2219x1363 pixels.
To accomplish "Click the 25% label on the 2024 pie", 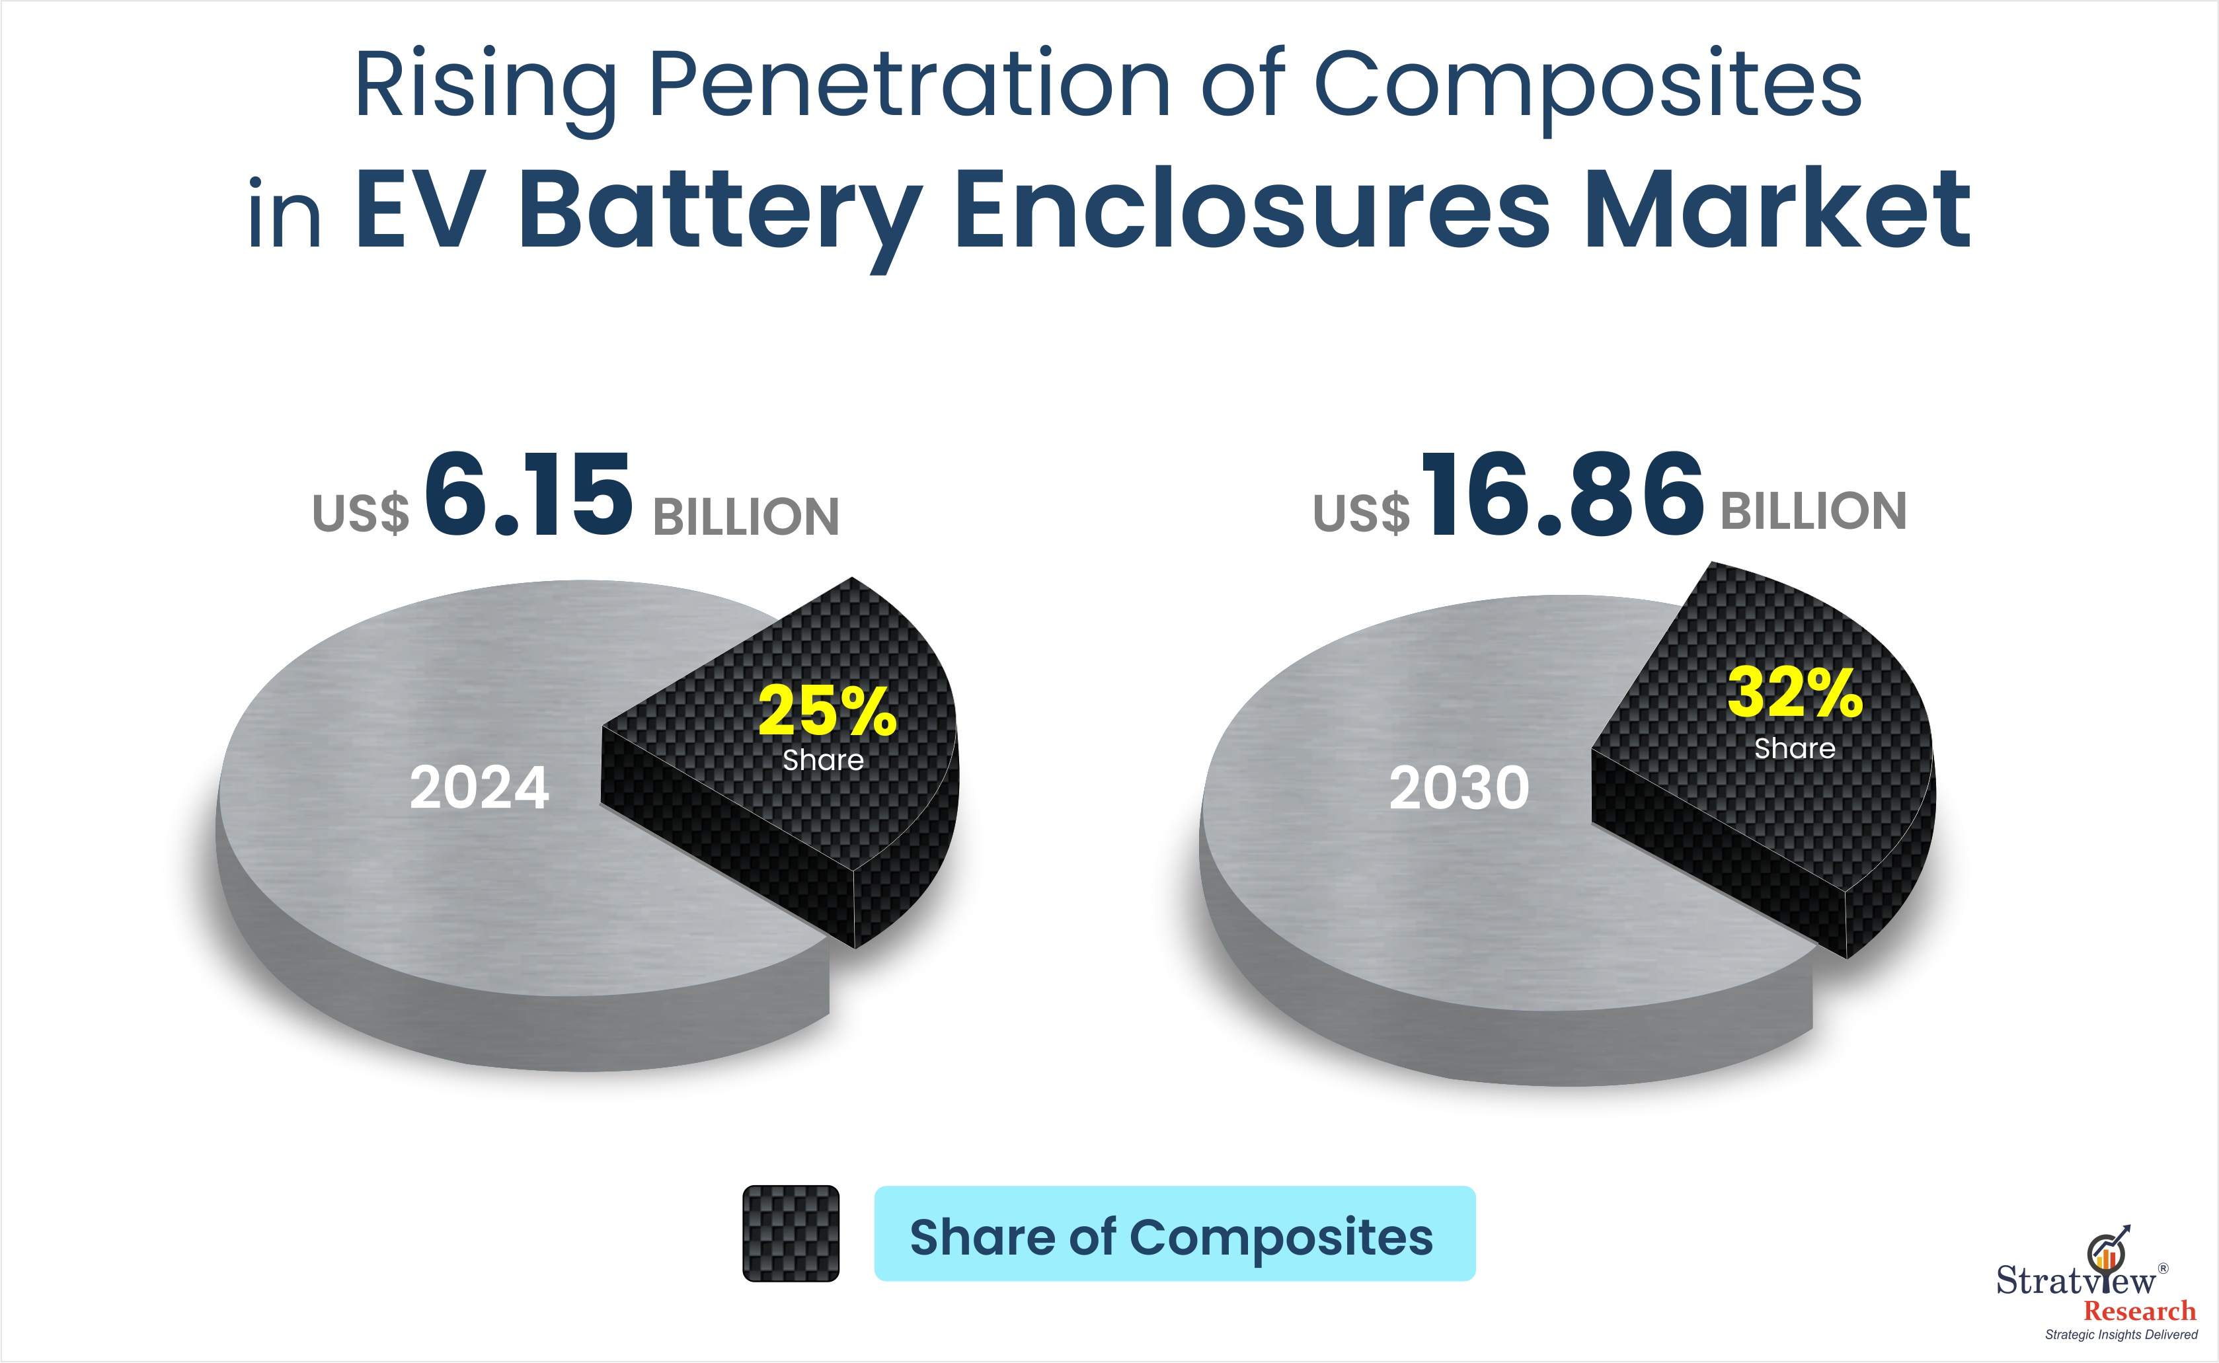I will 828,711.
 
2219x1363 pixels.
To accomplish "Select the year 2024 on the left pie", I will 479,787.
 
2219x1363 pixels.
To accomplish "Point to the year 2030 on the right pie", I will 1460,787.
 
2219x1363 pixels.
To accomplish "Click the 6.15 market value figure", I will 528,496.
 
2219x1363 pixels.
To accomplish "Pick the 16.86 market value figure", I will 1563,496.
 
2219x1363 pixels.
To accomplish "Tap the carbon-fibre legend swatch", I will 791,1233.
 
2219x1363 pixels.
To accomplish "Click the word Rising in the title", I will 486,86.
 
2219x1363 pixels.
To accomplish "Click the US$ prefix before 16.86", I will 1361,514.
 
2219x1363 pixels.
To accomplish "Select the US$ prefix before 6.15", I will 360,514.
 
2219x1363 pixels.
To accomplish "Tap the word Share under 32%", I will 1795,748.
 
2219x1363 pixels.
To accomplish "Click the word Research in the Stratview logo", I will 2140,1310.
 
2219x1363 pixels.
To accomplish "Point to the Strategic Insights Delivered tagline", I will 2121,1334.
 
